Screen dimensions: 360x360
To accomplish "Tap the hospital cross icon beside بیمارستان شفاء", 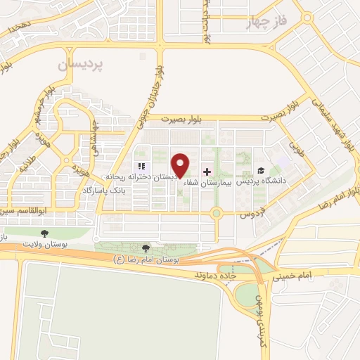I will (x=207, y=172).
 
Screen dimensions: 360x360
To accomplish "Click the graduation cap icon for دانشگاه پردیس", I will (x=260, y=171).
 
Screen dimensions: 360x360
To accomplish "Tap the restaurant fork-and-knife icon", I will (x=141, y=166).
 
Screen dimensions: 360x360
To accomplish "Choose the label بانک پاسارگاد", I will (x=104, y=191).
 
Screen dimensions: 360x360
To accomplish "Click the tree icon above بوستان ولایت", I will (x=45, y=233).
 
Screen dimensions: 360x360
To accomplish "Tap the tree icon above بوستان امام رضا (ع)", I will (x=146, y=248).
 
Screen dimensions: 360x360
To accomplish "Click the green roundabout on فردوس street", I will (x=217, y=213).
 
